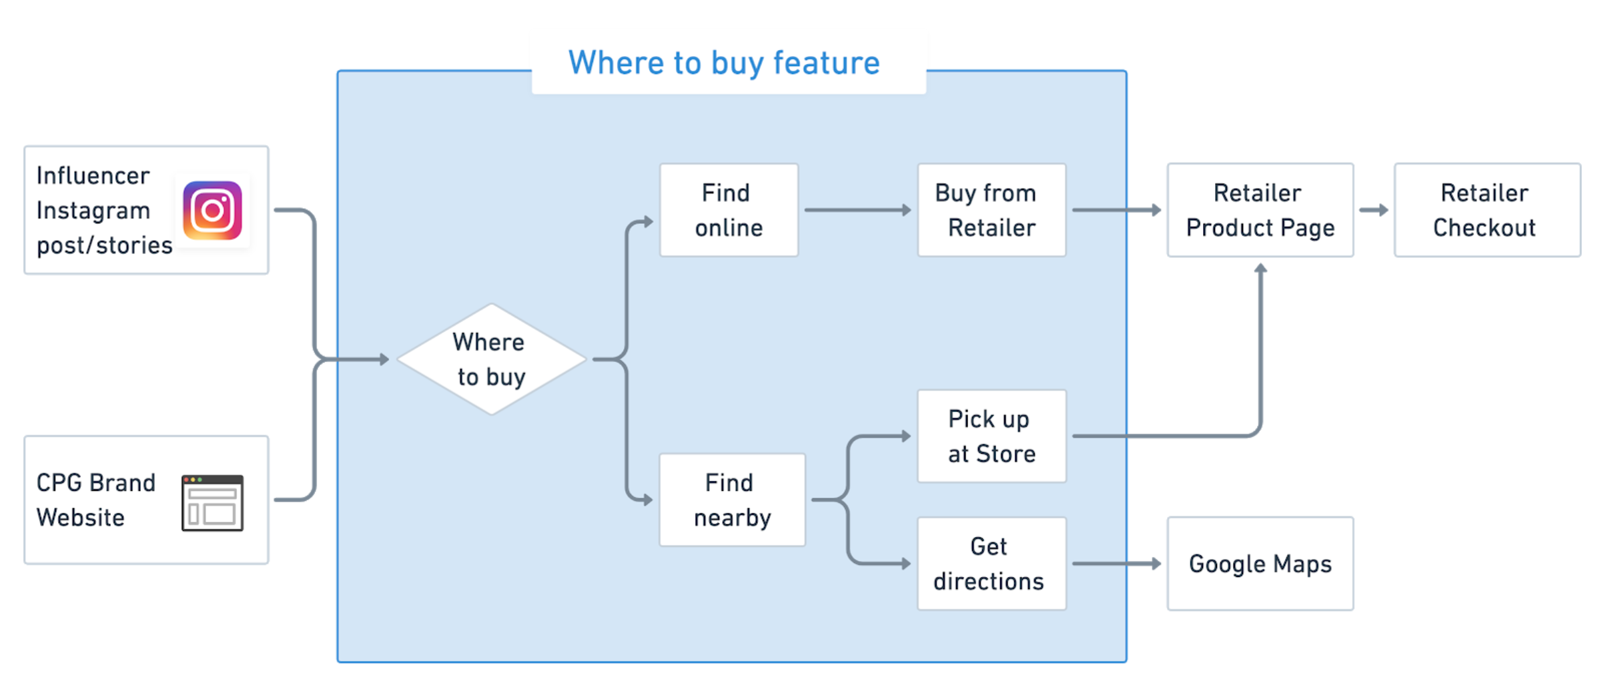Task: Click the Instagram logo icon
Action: point(212,211)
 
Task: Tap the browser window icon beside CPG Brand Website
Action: point(212,503)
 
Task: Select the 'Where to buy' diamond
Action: point(491,360)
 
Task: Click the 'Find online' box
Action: point(729,210)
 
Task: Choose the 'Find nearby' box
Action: point(732,500)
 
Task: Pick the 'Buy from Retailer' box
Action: point(991,210)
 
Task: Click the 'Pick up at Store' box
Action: point(991,436)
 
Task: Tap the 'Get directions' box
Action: point(991,564)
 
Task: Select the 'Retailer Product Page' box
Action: point(1260,210)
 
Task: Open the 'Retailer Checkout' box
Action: point(1487,210)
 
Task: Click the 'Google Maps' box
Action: point(1260,564)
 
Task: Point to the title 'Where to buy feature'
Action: point(724,63)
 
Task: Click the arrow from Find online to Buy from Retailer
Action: point(857,210)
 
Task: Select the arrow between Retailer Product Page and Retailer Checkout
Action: point(1374,210)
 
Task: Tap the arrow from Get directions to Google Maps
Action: point(1116,564)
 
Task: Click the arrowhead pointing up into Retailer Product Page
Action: point(1260,269)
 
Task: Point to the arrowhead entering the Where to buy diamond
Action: point(384,360)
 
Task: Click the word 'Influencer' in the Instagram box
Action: point(93,176)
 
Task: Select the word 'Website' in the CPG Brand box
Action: point(80,518)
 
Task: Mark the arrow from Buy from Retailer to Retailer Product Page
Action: point(1116,210)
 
